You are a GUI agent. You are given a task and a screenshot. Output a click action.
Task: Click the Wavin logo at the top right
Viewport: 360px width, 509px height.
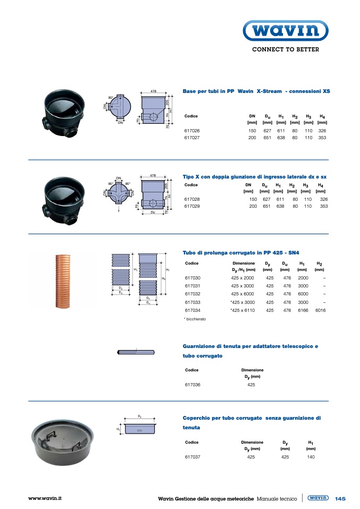click(x=285, y=31)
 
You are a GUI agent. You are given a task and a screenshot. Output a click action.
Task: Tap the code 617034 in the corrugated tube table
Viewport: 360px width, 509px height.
click(x=192, y=310)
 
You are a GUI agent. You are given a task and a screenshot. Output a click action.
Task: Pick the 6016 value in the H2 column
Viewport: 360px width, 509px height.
click(x=320, y=310)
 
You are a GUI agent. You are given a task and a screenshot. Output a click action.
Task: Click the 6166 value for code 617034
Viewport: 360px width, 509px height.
click(x=303, y=310)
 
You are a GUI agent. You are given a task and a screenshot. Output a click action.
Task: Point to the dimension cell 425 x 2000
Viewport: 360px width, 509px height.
click(x=242, y=278)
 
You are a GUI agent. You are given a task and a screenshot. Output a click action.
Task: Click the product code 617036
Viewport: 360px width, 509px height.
click(x=192, y=384)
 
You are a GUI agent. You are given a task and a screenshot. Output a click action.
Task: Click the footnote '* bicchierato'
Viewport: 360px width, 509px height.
click(x=195, y=319)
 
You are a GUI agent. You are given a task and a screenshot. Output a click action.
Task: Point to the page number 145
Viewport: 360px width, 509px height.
click(x=340, y=498)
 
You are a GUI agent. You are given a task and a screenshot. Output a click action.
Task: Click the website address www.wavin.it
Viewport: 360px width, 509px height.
click(x=45, y=498)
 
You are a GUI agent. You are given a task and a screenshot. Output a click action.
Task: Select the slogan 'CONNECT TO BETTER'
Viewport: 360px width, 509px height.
click(x=285, y=49)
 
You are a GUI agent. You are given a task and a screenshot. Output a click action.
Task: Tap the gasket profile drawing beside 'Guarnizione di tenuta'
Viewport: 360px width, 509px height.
click(x=136, y=352)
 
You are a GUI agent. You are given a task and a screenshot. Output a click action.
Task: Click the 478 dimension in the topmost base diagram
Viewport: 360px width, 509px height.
click(x=153, y=92)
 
